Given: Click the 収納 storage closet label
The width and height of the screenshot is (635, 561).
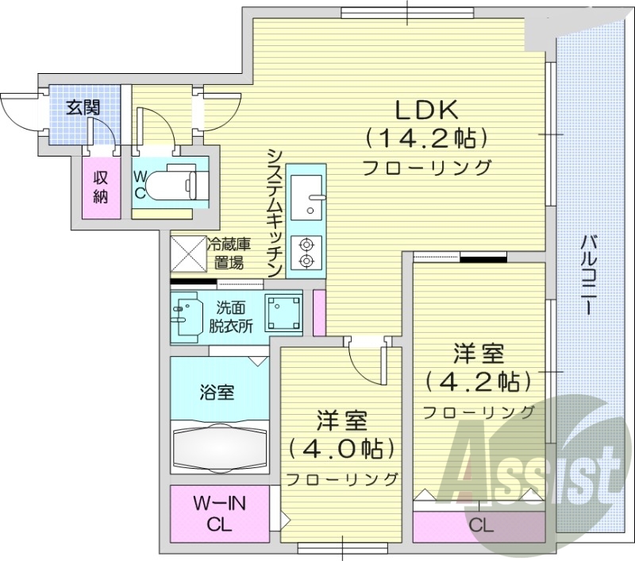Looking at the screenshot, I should point(99,188).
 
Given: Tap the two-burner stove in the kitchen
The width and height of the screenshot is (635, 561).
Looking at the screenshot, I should point(306,251).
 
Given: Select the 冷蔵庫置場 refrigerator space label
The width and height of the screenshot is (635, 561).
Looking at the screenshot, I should point(235,253).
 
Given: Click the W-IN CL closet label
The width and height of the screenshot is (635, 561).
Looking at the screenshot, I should point(219,513).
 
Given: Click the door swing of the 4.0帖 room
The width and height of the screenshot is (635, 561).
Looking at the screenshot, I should point(367,362).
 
